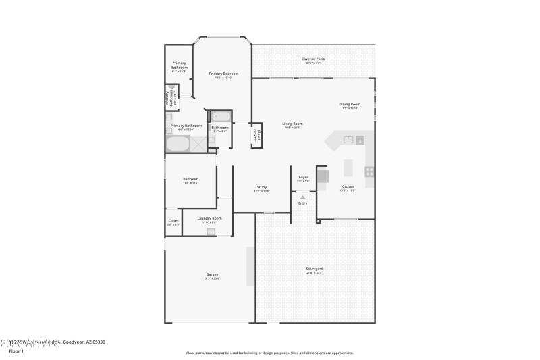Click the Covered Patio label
point(313,59)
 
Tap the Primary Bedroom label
point(223,74)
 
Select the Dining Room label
point(350,104)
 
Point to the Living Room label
point(292,124)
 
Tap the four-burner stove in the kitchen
point(369,172)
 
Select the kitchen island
point(349,167)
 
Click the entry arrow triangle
point(302,197)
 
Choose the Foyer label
point(303,178)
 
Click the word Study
point(262,187)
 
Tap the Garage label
point(212,274)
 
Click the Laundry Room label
point(209,218)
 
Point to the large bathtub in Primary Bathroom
point(178,144)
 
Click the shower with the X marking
point(198,143)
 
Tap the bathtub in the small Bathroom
point(220,116)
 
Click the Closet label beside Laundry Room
point(173,220)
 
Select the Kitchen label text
point(347,186)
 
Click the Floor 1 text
point(16,351)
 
